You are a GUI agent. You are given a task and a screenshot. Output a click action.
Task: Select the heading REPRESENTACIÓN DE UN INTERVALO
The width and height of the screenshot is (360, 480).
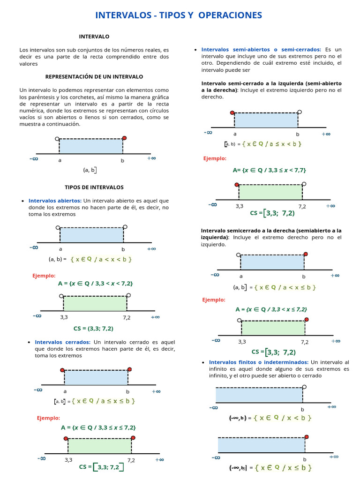94,76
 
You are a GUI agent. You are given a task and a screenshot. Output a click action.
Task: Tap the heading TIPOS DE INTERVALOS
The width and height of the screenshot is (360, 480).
94,187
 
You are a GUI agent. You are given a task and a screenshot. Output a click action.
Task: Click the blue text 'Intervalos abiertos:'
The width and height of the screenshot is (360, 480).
55,201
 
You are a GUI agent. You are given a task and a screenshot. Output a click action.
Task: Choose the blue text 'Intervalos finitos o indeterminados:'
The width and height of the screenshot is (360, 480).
259,362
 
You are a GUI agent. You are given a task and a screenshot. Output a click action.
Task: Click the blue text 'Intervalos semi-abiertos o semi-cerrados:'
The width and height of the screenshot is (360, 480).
261,49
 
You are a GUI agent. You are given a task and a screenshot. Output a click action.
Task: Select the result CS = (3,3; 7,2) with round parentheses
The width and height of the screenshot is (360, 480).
93,328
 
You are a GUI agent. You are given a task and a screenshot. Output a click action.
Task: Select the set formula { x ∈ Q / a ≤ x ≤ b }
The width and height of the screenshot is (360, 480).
104,401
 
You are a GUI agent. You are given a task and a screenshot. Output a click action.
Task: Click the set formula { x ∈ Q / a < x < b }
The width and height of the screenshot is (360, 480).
101,259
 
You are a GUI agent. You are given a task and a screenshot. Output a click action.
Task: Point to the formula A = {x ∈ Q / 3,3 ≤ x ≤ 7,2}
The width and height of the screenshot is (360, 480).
98,427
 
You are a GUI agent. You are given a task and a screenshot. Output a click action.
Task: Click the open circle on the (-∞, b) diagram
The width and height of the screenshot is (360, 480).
305,387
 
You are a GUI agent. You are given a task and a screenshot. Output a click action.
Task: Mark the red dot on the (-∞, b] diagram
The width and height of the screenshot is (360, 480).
307,436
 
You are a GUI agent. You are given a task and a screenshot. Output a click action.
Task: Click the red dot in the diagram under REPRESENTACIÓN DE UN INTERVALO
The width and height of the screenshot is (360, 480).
124,138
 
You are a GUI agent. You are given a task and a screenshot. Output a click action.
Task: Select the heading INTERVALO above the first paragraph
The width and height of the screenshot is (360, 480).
94,36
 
